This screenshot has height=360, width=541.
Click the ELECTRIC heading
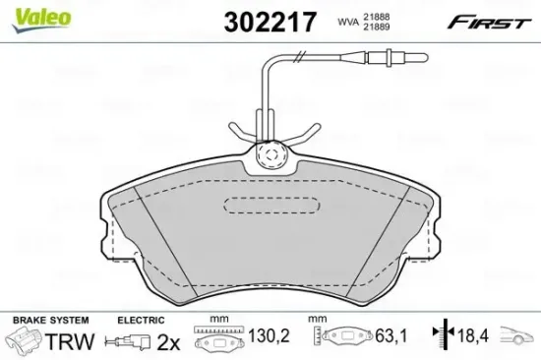coord(140,320)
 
